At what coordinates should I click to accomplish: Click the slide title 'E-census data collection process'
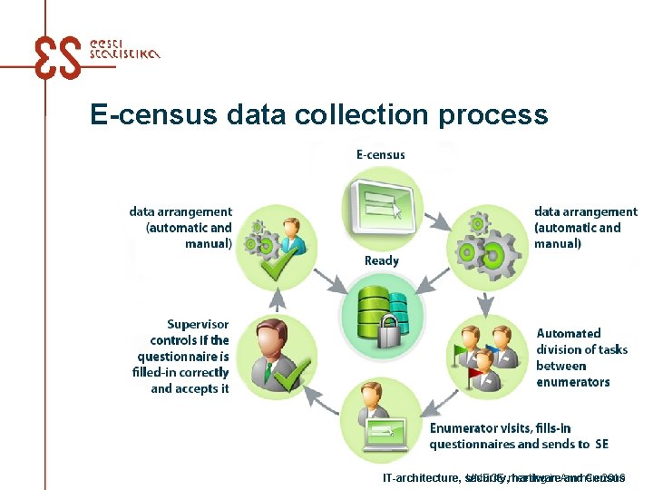pyautogui.click(x=318, y=115)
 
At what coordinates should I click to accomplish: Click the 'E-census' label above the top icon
pyautogui.click(x=380, y=154)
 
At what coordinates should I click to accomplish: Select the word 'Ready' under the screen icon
pyautogui.click(x=381, y=260)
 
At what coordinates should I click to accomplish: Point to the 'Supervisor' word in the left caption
pyautogui.click(x=198, y=324)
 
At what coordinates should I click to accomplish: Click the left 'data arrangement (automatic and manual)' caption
pyautogui.click(x=180, y=228)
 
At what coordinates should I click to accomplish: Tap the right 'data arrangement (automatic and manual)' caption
pyautogui.click(x=585, y=228)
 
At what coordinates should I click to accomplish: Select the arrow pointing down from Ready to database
pyautogui.click(x=381, y=276)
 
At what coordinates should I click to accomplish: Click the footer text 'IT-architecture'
pyautogui.click(x=422, y=477)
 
